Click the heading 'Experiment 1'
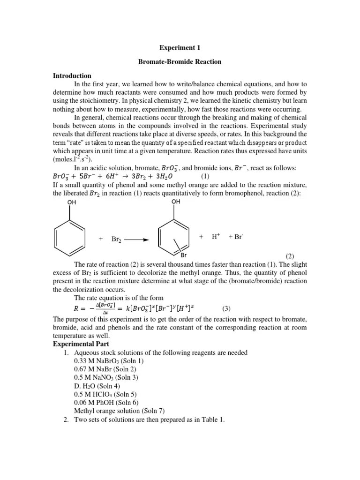(x=180, y=48)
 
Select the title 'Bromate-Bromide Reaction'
(x=180, y=61)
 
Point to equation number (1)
(x=206, y=177)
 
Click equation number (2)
(x=290, y=256)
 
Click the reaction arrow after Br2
(x=137, y=240)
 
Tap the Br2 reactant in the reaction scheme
(x=116, y=239)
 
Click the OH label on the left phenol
(x=71, y=202)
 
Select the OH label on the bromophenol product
(x=176, y=202)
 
